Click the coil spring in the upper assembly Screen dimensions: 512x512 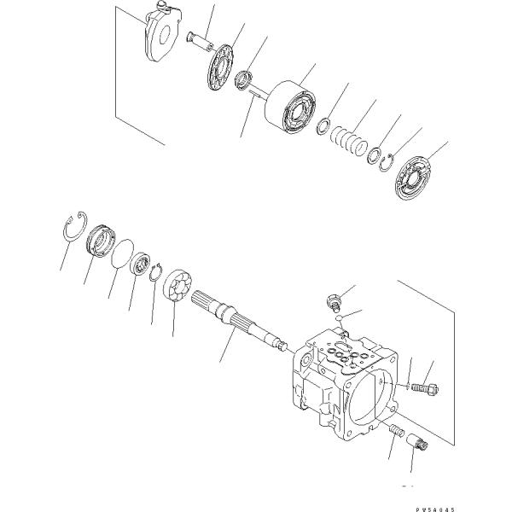(x=349, y=140)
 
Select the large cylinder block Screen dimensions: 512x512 (x=290, y=107)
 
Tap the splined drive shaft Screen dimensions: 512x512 (x=239, y=321)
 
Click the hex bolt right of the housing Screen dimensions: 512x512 (x=425, y=388)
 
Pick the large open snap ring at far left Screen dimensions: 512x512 (x=75, y=226)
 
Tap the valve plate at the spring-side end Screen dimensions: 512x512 (x=413, y=177)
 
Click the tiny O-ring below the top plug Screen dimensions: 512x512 (x=339, y=317)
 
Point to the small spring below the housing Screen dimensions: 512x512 (x=398, y=431)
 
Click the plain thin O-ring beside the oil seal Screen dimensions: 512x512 (x=122, y=253)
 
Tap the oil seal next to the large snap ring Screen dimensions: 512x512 (x=101, y=241)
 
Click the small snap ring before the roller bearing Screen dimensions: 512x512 (x=156, y=271)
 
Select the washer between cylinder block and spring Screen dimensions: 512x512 (x=323, y=126)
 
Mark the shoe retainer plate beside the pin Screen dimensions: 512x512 (x=220, y=67)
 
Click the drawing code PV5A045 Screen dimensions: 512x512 (x=435, y=509)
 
